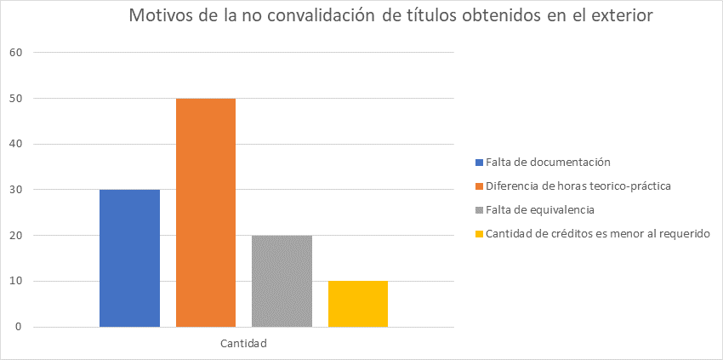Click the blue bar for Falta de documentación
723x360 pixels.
(x=129, y=258)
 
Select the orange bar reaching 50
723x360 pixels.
(x=206, y=213)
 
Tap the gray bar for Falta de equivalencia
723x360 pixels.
(x=282, y=281)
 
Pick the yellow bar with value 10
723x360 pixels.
(x=358, y=304)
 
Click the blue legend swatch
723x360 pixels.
(x=480, y=162)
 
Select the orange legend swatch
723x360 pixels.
(x=480, y=186)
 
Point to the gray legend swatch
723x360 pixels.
(x=480, y=209)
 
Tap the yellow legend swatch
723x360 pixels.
(x=480, y=233)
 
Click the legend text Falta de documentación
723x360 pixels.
(x=549, y=162)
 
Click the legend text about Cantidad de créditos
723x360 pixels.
(x=598, y=233)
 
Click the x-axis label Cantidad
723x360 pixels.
(x=244, y=344)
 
